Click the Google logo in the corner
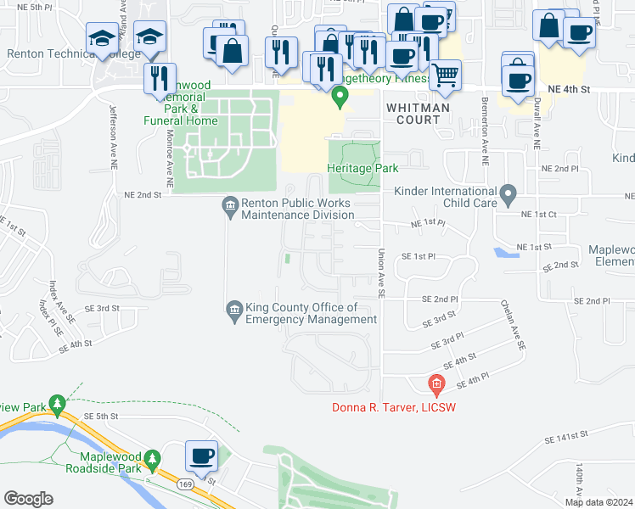click(27, 499)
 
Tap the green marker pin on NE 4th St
click(340, 99)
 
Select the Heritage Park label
click(362, 168)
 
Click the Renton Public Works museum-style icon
click(229, 204)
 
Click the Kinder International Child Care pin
click(509, 196)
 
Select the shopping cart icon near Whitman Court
click(445, 76)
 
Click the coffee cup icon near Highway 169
click(202, 456)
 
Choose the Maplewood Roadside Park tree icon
click(153, 461)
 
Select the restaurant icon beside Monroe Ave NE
click(160, 79)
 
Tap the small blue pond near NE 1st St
click(504, 253)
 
